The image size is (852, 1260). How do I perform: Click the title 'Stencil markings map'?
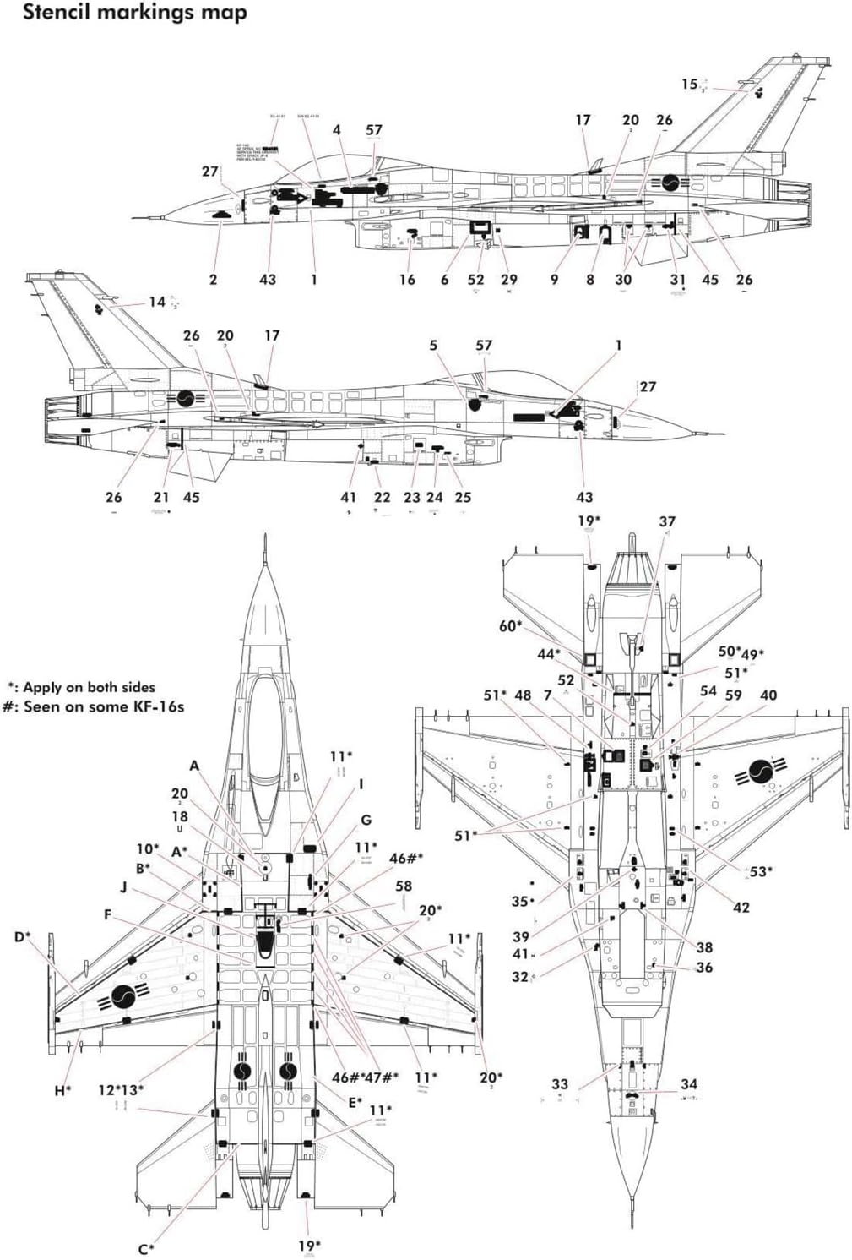[x=134, y=13]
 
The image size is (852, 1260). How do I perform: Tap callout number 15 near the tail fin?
[x=689, y=84]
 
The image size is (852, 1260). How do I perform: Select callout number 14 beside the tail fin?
[x=157, y=302]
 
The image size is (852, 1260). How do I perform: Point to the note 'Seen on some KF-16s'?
[x=94, y=706]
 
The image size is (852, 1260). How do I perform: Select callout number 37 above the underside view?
[x=667, y=522]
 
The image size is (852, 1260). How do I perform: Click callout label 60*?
[x=510, y=625]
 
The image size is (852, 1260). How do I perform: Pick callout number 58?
[x=404, y=886]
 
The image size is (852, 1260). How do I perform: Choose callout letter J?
[x=123, y=887]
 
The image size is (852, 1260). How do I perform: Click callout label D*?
[x=22, y=936]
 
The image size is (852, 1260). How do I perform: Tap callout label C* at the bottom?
[x=146, y=1249]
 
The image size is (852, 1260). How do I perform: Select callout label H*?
[x=62, y=1090]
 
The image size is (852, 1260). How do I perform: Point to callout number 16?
[x=407, y=280]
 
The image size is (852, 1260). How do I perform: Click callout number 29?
[x=508, y=280]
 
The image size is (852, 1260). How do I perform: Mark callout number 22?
[x=382, y=497]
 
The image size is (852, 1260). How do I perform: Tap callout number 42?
[x=741, y=907]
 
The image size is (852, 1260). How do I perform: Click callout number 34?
[x=689, y=1084]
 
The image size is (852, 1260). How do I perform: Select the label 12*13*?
[x=121, y=1090]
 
